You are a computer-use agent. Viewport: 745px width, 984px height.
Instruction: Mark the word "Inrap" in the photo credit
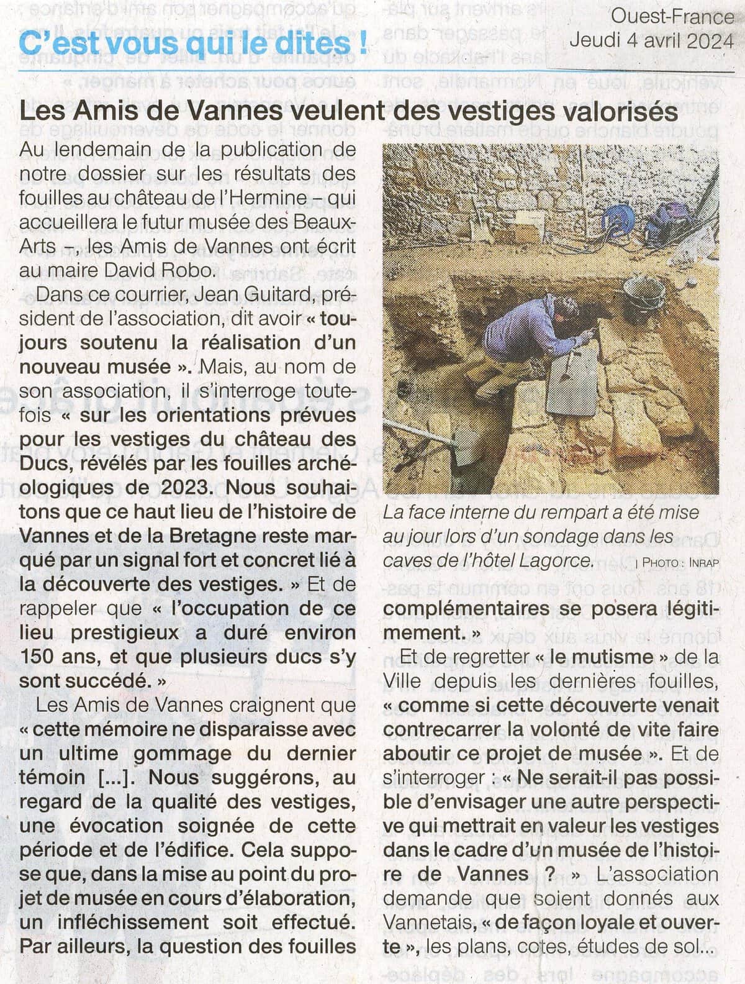pyautogui.click(x=701, y=563)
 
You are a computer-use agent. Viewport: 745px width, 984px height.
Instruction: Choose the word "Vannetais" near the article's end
pyautogui.click(x=428, y=923)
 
